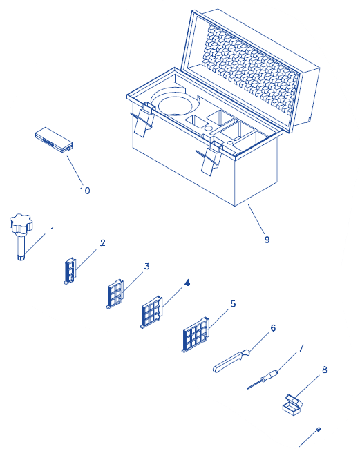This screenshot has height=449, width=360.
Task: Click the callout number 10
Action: (85, 191)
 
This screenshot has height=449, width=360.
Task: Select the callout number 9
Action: (267, 240)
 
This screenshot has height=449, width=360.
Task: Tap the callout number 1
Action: (52, 230)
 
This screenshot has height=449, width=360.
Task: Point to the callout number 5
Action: (233, 304)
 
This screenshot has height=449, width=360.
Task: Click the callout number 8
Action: (325, 370)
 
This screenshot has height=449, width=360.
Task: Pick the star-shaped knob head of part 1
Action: (21, 223)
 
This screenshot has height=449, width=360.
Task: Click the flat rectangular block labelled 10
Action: (54, 140)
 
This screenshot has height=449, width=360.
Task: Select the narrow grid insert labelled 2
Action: (70, 270)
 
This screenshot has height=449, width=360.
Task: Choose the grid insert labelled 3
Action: (115, 294)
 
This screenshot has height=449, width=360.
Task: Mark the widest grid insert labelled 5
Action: (196, 334)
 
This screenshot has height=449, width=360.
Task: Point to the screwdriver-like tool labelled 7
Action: (263, 379)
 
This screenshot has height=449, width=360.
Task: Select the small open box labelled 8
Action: (292, 405)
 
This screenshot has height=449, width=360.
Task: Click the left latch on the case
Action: (142, 120)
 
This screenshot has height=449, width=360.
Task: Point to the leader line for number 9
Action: (256, 219)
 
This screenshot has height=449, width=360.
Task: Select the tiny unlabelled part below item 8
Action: (318, 429)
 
